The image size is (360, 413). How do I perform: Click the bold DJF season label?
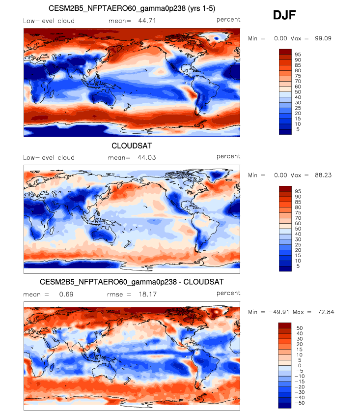point(284,16)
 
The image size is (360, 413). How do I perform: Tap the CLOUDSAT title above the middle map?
point(132,146)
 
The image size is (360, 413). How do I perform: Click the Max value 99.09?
point(321,38)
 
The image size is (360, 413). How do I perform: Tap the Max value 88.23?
point(321,175)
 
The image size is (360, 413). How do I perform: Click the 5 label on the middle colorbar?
point(296,266)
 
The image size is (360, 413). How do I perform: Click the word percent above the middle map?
point(228,156)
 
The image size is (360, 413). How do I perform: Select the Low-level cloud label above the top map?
point(49,20)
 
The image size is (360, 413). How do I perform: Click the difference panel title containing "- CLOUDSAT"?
point(132,282)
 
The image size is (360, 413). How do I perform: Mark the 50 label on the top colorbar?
point(298,92)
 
